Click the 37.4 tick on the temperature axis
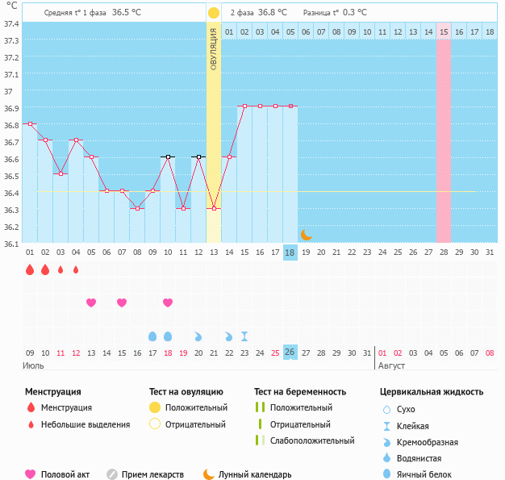(x=11, y=23)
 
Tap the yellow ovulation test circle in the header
(x=213, y=13)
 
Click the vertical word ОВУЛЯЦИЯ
(x=213, y=49)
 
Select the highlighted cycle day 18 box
(x=290, y=253)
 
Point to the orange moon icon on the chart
(x=307, y=235)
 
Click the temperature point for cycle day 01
(x=30, y=123)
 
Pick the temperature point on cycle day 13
(x=214, y=208)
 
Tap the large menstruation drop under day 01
(x=30, y=269)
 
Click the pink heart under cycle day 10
(x=168, y=303)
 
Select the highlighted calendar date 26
(x=290, y=353)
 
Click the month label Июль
(x=33, y=365)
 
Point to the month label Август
(x=391, y=365)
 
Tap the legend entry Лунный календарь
(x=255, y=474)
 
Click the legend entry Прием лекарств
(x=152, y=474)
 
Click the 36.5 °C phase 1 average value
(x=126, y=13)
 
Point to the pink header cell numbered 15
(x=444, y=31)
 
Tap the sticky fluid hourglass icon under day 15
(x=244, y=336)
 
